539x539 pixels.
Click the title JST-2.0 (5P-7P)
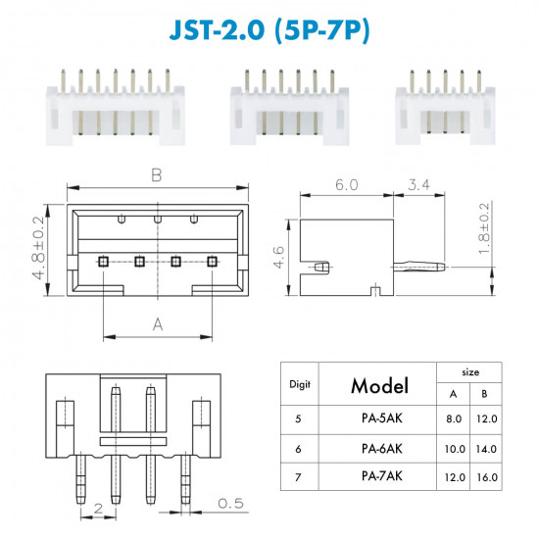pyautogui.click(x=269, y=30)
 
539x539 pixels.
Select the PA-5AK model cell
pyautogui.click(x=381, y=418)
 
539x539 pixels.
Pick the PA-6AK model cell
pyautogui.click(x=381, y=449)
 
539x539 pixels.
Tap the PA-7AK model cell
pyautogui.click(x=381, y=476)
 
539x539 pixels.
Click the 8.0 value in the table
pyautogui.click(x=454, y=419)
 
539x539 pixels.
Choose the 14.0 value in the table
pyautogui.click(x=486, y=449)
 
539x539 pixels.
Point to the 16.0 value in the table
pyautogui.click(x=487, y=477)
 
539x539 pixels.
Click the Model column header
pyautogui.click(x=379, y=386)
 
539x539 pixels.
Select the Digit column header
pyautogui.click(x=300, y=385)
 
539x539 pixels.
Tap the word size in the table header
pyautogui.click(x=470, y=372)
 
